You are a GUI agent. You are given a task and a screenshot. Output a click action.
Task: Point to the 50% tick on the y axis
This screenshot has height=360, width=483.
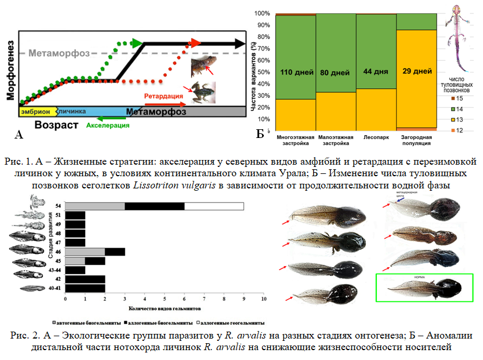pyautogui.click(x=263, y=72)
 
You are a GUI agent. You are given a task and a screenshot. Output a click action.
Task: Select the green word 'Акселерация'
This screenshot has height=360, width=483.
pyautogui.click(x=108, y=125)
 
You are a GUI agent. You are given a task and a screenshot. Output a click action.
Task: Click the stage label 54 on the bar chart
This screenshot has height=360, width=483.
pyautogui.click(x=59, y=206)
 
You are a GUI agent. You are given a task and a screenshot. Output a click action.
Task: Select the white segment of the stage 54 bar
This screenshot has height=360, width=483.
pyautogui.click(x=214, y=206)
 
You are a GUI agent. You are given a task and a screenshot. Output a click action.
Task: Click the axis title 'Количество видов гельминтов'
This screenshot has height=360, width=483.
pyautogui.click(x=165, y=309)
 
